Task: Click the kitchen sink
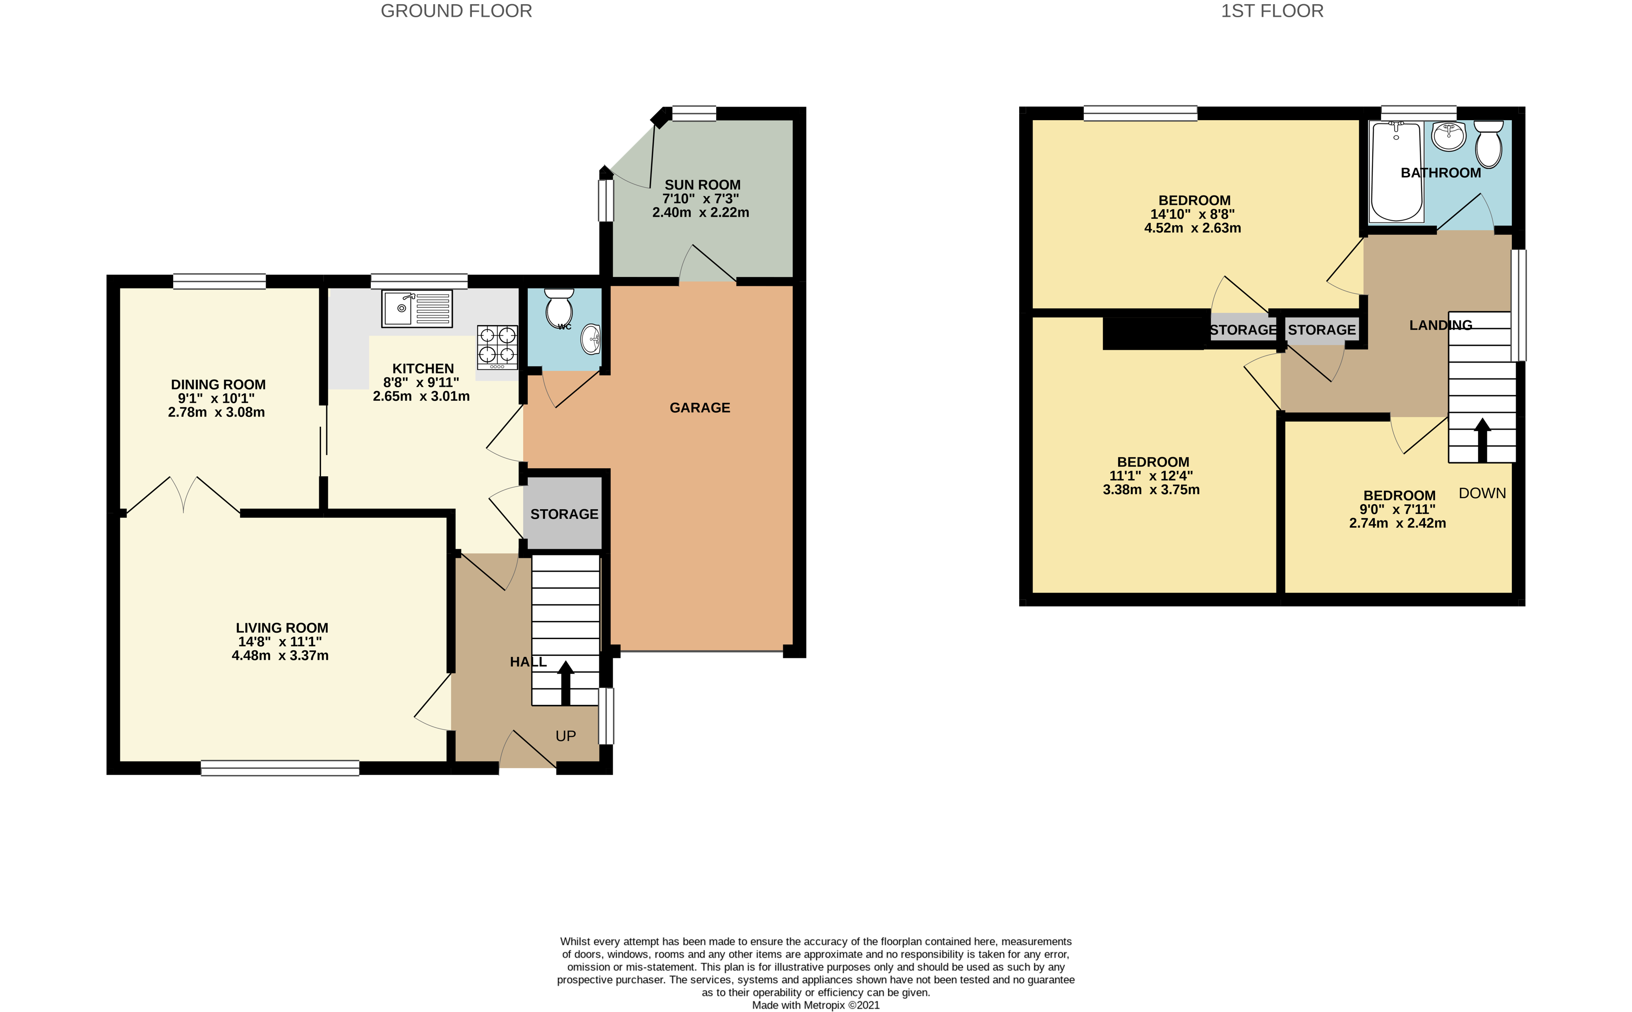click(x=417, y=309)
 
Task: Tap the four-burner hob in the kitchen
click(x=497, y=347)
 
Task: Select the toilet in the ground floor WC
click(x=559, y=308)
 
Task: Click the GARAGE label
click(x=700, y=408)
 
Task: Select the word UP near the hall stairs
click(x=565, y=736)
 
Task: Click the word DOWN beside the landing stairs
click(x=1482, y=493)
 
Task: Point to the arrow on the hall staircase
click(x=565, y=683)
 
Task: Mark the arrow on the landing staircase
click(x=1482, y=440)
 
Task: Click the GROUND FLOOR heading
click(x=457, y=11)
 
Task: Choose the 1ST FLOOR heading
click(x=1272, y=11)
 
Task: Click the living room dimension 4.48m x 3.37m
click(x=280, y=655)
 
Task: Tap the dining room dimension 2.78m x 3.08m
click(x=216, y=412)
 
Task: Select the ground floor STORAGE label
click(x=564, y=514)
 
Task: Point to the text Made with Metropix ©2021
click(x=816, y=1005)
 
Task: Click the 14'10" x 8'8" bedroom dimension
click(x=1192, y=214)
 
